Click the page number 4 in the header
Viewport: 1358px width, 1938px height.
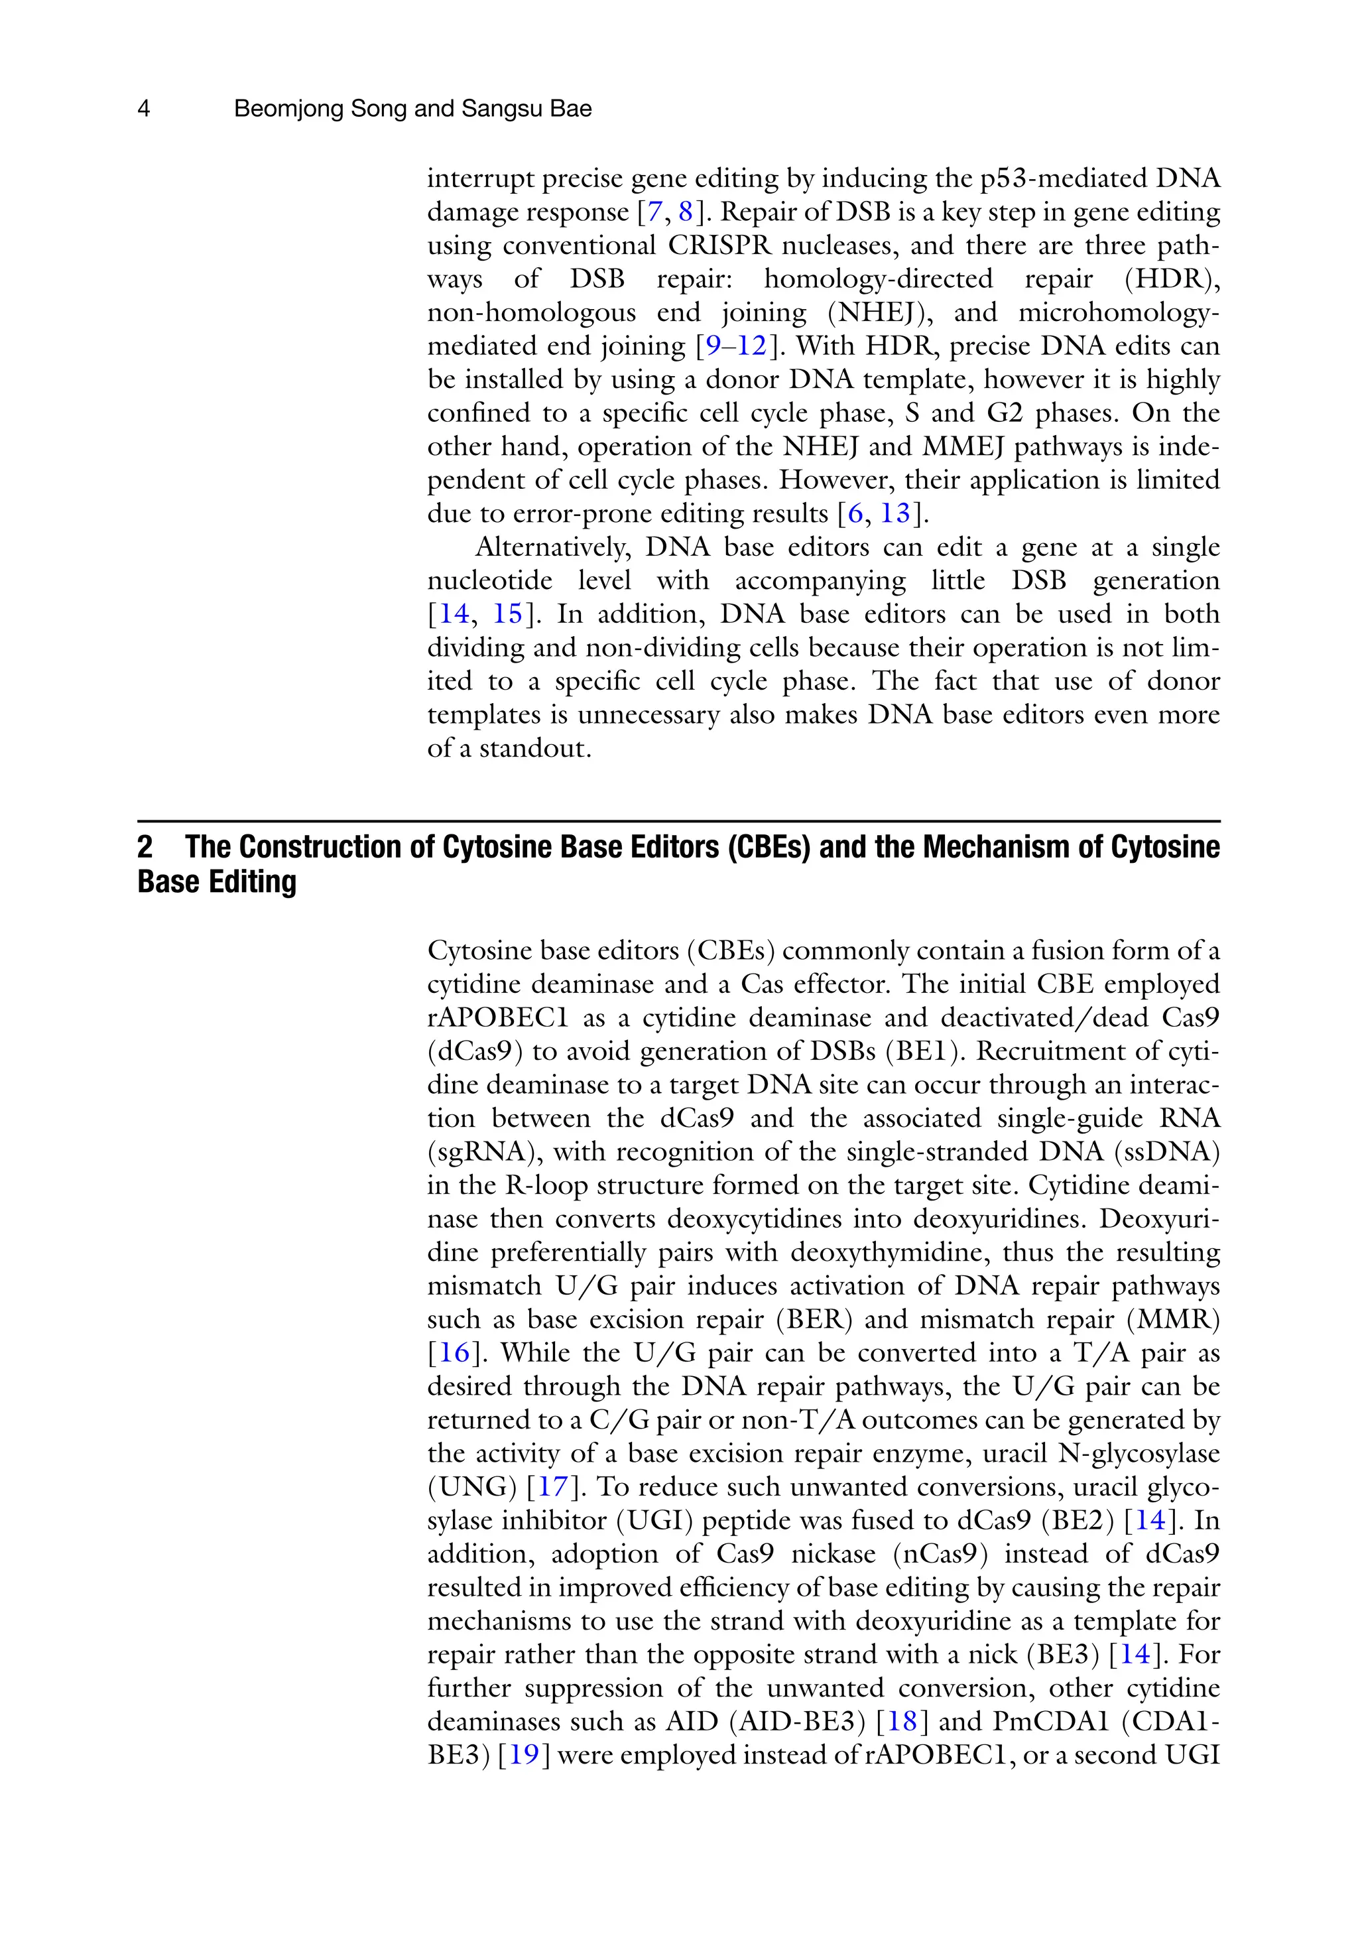(x=143, y=109)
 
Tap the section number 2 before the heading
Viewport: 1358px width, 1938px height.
(x=145, y=846)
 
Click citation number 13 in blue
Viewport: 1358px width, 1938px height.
(x=895, y=513)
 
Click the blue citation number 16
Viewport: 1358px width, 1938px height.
(x=454, y=1352)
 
